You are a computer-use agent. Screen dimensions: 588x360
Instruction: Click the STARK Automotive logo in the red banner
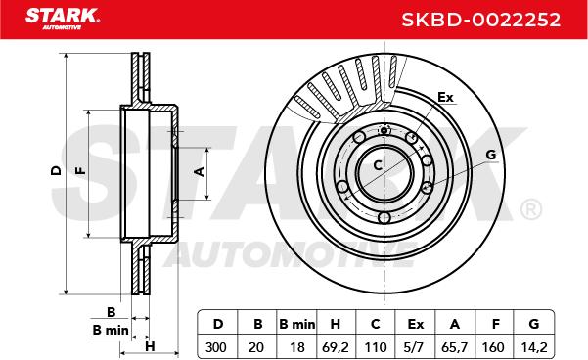click(63, 19)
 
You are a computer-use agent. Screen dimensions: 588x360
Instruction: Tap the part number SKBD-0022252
click(481, 20)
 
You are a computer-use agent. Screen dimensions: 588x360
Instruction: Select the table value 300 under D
click(216, 347)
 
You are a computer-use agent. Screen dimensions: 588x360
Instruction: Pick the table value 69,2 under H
click(336, 347)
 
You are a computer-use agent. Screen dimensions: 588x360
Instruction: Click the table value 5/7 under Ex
click(414, 347)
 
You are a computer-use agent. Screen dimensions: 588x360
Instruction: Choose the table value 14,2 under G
click(534, 347)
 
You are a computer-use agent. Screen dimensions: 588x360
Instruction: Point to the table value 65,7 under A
click(455, 347)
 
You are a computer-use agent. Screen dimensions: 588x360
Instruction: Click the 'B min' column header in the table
click(297, 324)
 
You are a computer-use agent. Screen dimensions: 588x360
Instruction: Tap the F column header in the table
click(496, 324)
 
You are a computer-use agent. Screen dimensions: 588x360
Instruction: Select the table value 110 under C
click(375, 347)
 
